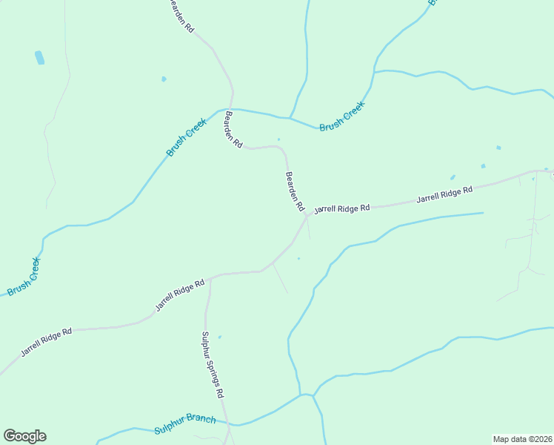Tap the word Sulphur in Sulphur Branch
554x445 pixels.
click(170, 428)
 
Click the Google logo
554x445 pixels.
click(24, 436)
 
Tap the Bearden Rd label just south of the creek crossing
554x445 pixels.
click(233, 130)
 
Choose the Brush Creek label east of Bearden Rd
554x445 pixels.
click(343, 117)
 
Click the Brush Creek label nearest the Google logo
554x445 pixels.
click(24, 276)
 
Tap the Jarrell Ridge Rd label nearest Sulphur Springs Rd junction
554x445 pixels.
click(179, 295)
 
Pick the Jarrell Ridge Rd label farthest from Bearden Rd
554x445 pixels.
click(46, 342)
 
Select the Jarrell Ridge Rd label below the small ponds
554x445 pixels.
click(444, 195)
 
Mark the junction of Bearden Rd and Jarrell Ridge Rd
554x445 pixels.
click(306, 215)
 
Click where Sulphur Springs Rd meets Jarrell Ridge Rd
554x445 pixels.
click(210, 279)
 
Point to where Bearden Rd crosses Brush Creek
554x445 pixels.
click(231, 108)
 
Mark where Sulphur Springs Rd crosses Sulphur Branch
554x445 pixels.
click(229, 425)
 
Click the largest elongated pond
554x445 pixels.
click(39, 57)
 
